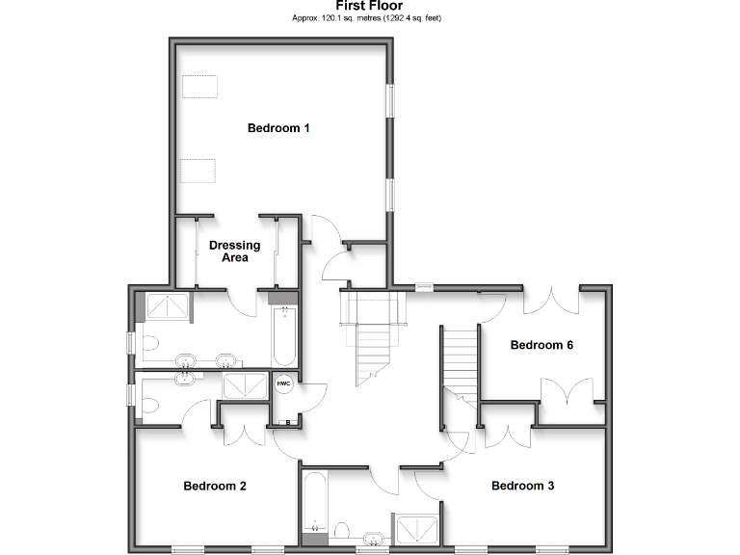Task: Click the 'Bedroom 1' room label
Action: [x=278, y=128]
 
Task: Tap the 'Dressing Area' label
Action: [x=234, y=251]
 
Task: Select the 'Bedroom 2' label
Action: [x=215, y=487]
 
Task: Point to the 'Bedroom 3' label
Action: [x=522, y=487]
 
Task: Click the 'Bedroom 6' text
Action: [x=542, y=345]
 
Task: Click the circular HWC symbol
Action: [x=283, y=383]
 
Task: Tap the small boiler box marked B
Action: [x=286, y=420]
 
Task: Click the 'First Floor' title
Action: [x=369, y=6]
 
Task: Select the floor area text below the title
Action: [x=369, y=18]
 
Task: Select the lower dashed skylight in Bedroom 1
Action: [x=198, y=171]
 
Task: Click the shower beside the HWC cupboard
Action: [x=247, y=385]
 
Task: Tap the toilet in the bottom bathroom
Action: [x=342, y=530]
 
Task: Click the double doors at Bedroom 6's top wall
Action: [x=551, y=298]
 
